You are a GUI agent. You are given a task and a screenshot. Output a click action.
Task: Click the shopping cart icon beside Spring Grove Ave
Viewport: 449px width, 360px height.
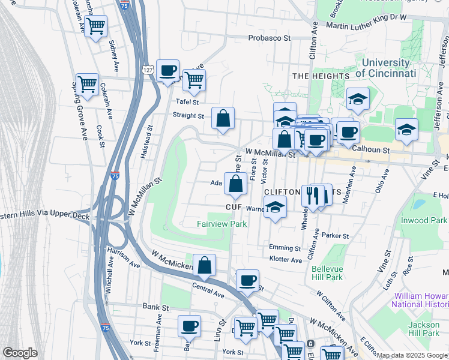click(87, 85)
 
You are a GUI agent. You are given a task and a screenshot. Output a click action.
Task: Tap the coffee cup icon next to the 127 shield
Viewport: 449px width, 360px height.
click(168, 71)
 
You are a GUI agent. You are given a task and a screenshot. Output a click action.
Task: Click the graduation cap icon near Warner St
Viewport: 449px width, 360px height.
click(275, 207)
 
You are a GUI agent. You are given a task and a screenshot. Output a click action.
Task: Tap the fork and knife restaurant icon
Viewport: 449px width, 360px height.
click(313, 195)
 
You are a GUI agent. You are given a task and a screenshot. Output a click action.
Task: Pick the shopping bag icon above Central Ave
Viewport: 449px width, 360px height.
click(204, 265)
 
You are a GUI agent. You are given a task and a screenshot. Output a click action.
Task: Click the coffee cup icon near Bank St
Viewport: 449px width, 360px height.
click(190, 326)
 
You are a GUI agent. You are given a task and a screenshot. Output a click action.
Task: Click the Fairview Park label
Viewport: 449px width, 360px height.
click(222, 224)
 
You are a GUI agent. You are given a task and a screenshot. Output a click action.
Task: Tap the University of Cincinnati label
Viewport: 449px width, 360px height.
click(385, 68)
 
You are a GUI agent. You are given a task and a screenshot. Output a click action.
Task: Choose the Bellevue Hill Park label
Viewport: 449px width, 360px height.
click(327, 274)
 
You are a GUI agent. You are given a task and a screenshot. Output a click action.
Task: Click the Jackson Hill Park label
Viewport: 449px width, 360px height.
click(424, 328)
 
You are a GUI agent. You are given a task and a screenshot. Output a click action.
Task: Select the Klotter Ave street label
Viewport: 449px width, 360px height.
click(286, 260)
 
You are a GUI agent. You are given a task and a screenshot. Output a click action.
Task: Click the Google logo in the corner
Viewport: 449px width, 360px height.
click(20, 353)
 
